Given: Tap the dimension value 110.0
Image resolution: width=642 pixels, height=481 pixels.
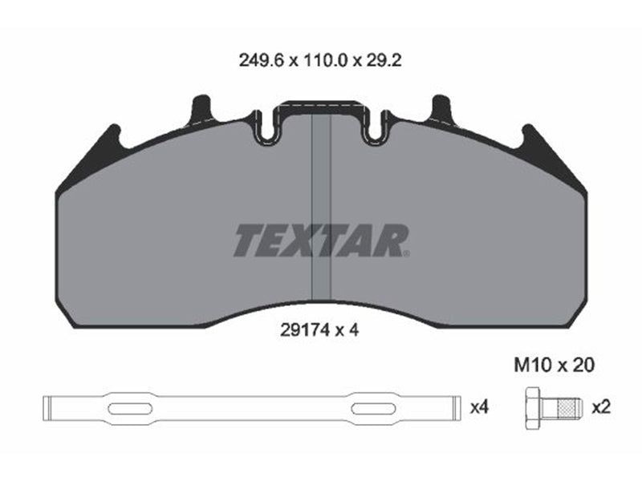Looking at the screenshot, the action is coord(325,61).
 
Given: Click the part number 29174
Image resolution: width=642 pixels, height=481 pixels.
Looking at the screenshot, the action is coord(305,329).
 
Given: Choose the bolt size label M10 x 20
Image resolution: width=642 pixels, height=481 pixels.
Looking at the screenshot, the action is coord(554,365).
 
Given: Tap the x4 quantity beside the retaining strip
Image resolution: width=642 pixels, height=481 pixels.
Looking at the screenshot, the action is coord(479,407).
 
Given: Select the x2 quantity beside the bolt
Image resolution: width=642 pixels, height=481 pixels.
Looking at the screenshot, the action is coord(601,407).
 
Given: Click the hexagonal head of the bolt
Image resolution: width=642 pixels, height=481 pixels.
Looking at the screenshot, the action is coord(533,407).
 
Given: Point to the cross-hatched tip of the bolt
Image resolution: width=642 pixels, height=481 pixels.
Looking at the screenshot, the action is coord(568,407).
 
